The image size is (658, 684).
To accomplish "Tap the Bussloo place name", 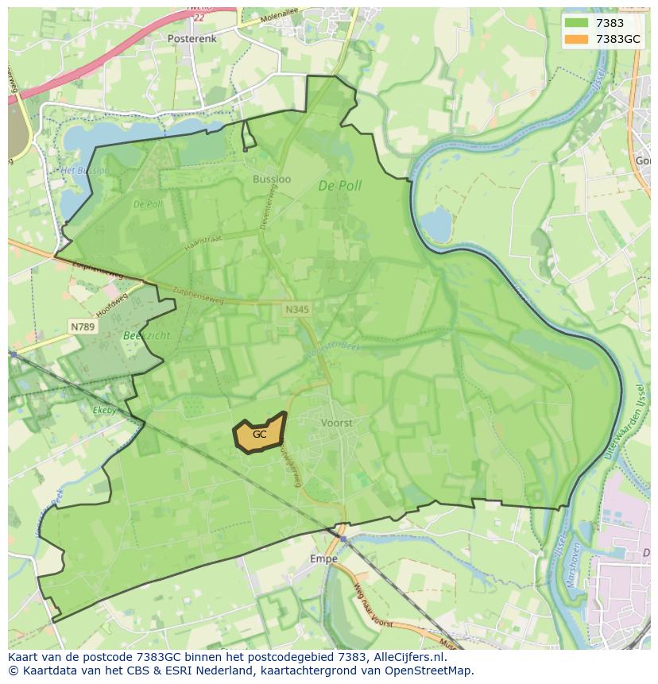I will point(272,179).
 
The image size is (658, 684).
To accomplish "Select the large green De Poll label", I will point(339,186).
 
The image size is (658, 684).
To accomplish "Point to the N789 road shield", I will point(81,327).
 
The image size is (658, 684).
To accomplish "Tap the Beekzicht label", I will point(147,335).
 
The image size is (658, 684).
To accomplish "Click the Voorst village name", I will point(336,423).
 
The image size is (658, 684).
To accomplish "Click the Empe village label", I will point(323,558).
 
